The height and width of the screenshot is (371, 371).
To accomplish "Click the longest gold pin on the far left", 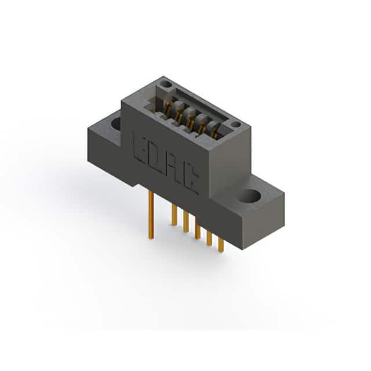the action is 151,215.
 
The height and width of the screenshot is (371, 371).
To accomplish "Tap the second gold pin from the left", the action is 174,215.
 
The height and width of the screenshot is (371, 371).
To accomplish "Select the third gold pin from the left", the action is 185,221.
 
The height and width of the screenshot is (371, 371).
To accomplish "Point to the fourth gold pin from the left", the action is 197,228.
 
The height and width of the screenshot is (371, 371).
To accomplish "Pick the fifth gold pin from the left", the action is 209,238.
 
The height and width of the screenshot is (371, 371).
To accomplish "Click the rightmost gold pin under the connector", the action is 220,245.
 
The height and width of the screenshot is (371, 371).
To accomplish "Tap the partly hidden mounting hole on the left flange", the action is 117,123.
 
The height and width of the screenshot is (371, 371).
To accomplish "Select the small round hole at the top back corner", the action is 166,84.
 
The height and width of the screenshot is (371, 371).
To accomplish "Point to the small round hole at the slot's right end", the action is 236,124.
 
